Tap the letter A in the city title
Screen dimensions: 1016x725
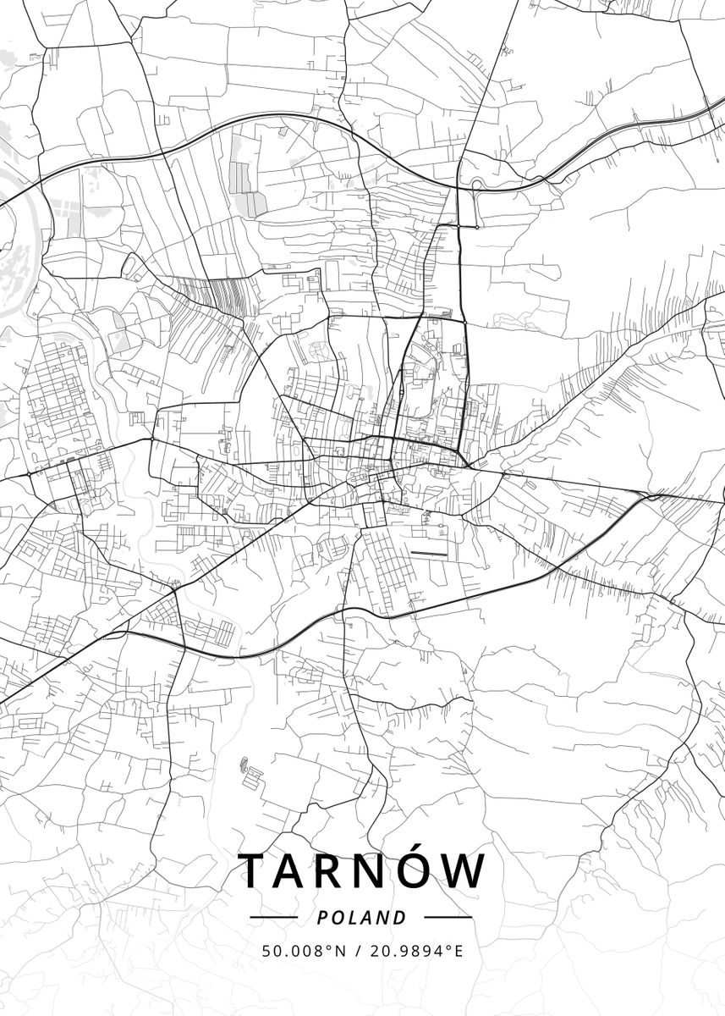pyautogui.click(x=297, y=871)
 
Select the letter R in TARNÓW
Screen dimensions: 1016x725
pyautogui.click(x=341, y=871)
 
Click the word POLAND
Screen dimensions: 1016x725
pyautogui.click(x=362, y=918)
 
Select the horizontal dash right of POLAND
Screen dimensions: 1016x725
pyautogui.click(x=448, y=917)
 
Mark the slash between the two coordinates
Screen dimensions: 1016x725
pyautogui.click(x=359, y=952)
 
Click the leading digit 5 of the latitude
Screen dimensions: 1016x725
pyautogui.click(x=266, y=952)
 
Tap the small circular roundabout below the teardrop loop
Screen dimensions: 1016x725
pyautogui.click(x=477, y=227)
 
